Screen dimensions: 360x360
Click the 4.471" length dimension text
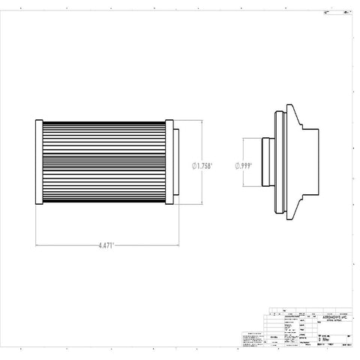105,244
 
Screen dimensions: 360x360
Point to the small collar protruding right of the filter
176,163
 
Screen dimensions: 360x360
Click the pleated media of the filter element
104,163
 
